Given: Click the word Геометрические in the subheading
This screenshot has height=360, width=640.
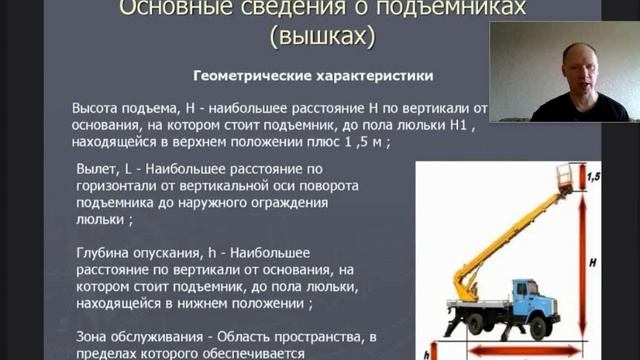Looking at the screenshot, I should coord(240,76).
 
